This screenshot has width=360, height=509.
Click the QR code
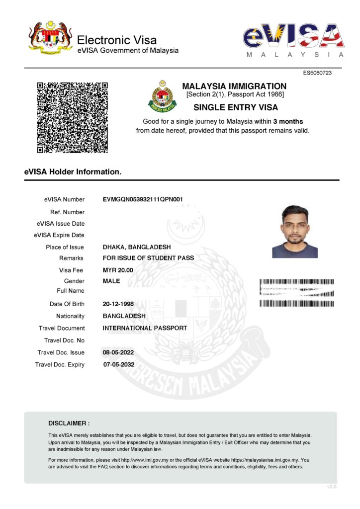pos(73,117)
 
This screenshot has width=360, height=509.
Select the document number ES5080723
pos(317,73)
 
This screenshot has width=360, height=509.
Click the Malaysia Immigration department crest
pos(162,96)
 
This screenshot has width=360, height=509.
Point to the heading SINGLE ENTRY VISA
pos(235,107)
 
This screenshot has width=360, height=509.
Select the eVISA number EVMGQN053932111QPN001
pos(143,199)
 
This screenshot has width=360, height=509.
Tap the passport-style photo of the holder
pos(295,232)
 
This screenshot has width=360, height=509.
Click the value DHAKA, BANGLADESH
pos(137,247)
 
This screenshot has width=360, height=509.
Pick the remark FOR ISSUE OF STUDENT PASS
pos(148,258)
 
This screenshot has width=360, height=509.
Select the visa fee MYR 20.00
pos(118,270)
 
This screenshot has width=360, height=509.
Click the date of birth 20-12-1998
pos(118,304)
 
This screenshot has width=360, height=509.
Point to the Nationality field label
pos(70,316)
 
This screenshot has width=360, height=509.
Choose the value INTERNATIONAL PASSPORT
pos(145,328)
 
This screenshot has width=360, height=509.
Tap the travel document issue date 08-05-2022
pos(118,352)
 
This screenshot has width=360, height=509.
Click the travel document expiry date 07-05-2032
pos(118,364)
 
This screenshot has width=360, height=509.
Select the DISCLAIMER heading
pos(69,424)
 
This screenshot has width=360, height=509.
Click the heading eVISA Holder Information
pos(73,172)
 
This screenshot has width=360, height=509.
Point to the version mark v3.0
pos(332,487)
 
